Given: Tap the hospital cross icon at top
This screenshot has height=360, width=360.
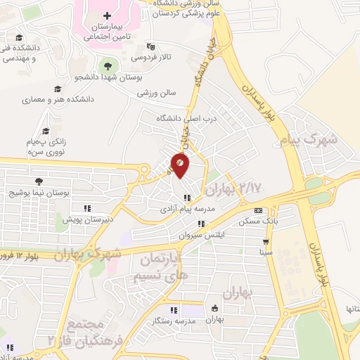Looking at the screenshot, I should click(107, 15).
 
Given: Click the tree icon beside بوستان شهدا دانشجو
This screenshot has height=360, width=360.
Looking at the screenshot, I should click(106, 65).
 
